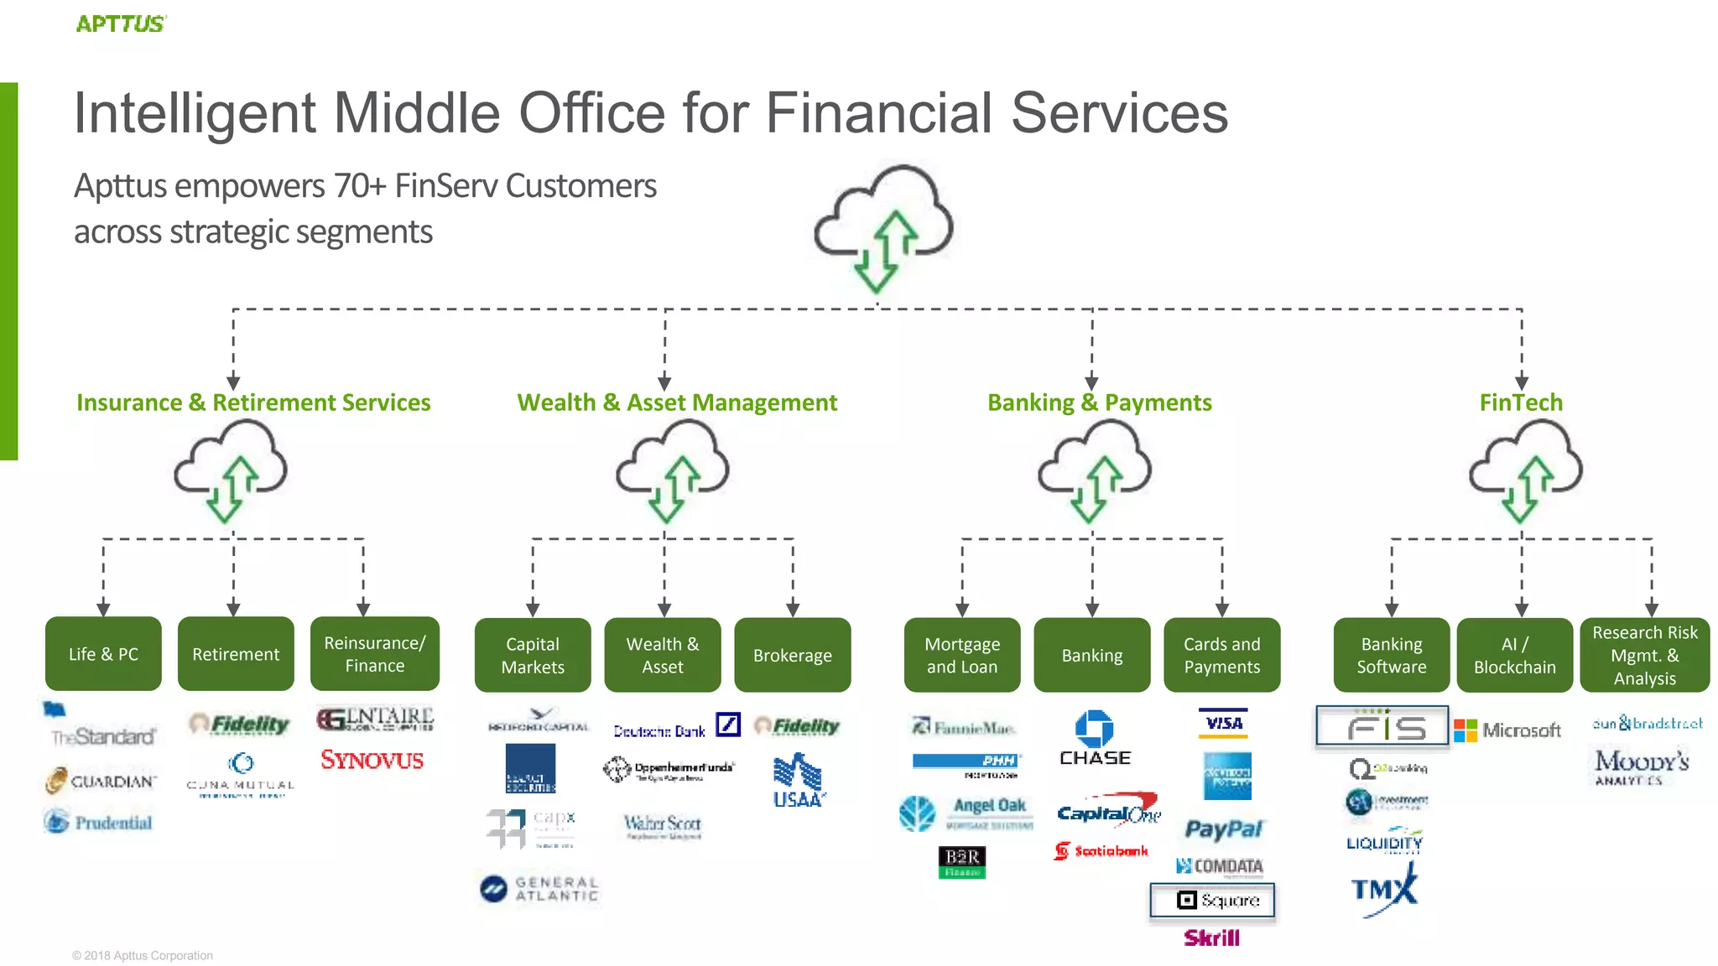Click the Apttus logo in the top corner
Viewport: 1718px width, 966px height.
(x=121, y=23)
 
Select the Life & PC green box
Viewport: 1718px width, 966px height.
(x=103, y=654)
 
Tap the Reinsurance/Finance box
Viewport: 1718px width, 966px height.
(x=374, y=654)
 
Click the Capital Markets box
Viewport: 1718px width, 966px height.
(x=533, y=655)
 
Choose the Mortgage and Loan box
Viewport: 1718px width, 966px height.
(x=962, y=655)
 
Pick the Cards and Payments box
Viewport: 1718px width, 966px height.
(x=1221, y=655)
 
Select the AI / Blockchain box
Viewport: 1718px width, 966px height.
(x=1514, y=655)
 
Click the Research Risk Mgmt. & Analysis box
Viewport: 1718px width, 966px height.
(x=1644, y=655)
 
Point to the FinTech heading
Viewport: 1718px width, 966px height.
(x=1521, y=402)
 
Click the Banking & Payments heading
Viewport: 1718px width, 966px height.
(x=1099, y=402)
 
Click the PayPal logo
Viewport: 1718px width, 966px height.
(x=1223, y=829)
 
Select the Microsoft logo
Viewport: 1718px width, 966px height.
(x=1507, y=730)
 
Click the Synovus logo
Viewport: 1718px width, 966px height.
(x=372, y=761)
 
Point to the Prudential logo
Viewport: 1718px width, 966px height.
(x=99, y=822)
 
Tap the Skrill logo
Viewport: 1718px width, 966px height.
(x=1211, y=937)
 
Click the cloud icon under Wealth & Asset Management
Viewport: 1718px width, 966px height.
(x=672, y=470)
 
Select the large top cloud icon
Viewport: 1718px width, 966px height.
(x=883, y=227)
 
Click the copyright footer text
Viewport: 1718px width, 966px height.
(x=143, y=955)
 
